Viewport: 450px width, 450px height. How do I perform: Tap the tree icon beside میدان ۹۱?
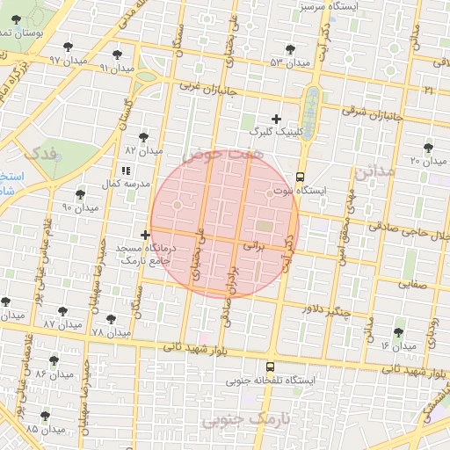click(x=117, y=55)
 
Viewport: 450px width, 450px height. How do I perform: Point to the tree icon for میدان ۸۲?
click(x=143, y=136)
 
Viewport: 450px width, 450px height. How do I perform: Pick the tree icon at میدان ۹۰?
click(x=80, y=193)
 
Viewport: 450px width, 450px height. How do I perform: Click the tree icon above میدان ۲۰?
click(x=428, y=148)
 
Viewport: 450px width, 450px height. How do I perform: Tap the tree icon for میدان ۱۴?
click(x=398, y=332)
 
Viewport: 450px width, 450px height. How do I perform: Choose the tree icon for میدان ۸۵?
click(x=45, y=415)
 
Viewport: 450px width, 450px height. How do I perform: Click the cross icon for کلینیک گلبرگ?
click(x=276, y=118)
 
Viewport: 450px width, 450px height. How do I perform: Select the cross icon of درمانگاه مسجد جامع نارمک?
click(x=145, y=236)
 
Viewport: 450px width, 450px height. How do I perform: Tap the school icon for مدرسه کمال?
click(x=124, y=170)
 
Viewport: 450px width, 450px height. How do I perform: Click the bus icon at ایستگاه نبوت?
click(x=301, y=175)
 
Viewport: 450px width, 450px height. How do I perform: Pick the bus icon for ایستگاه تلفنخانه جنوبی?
click(x=270, y=367)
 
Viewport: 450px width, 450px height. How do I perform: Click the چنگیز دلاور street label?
click(x=325, y=310)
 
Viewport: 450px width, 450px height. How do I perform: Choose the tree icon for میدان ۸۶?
click(x=54, y=360)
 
